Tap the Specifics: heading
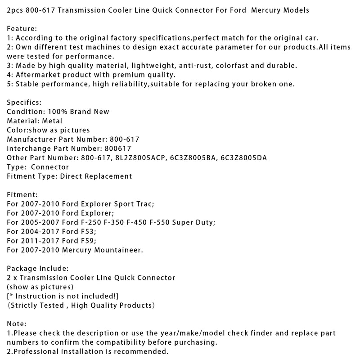point(24,102)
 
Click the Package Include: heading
point(38,269)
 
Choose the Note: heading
point(17,324)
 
